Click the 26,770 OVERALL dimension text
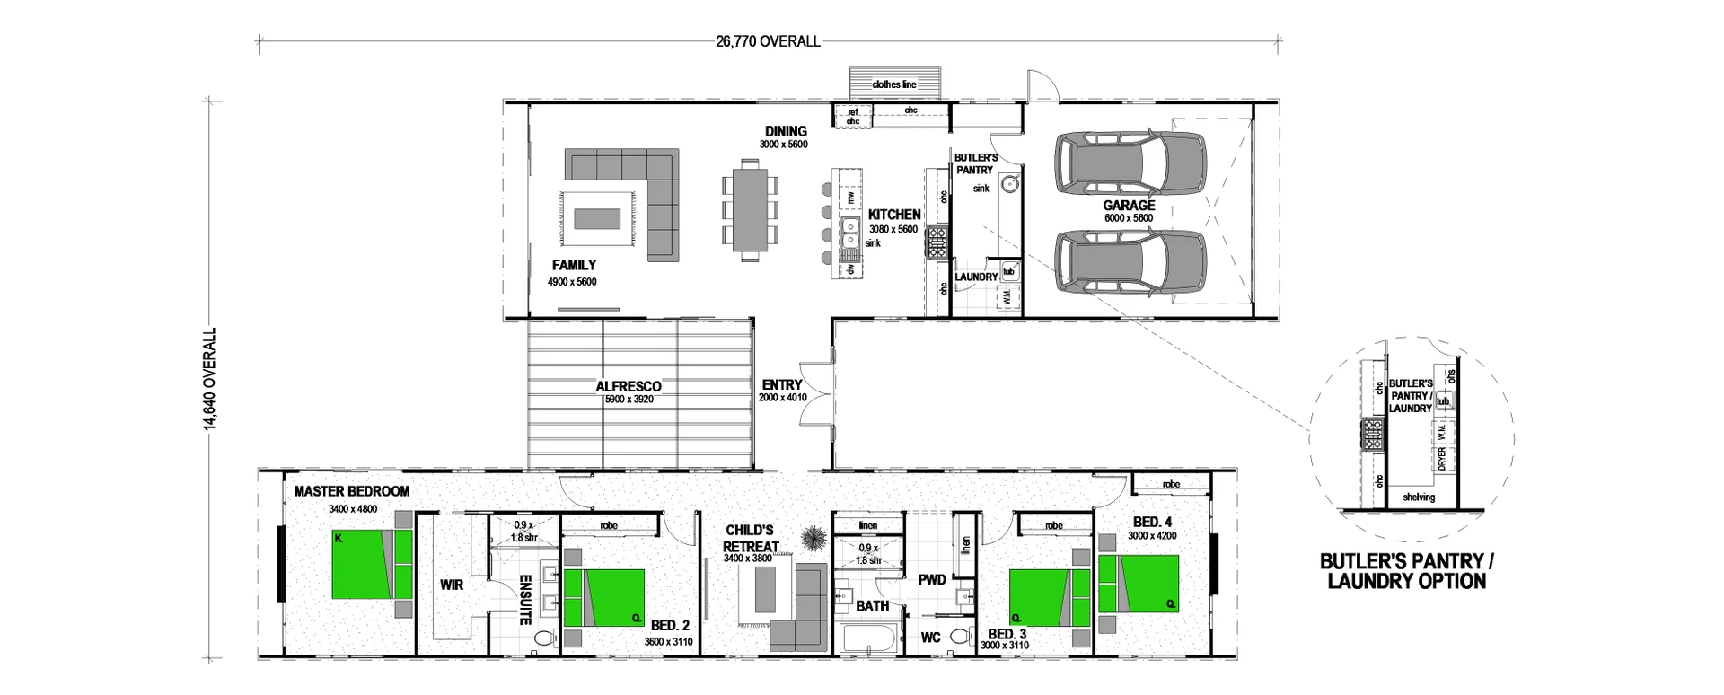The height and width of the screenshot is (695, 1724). (x=768, y=41)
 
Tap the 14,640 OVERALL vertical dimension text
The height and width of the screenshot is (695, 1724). (x=211, y=378)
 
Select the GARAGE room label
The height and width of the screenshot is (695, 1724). (x=1129, y=206)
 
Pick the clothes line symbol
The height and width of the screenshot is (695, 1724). (x=894, y=84)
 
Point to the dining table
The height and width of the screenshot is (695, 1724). (x=750, y=207)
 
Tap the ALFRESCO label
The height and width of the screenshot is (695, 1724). (x=628, y=387)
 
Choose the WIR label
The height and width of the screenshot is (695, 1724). (x=452, y=585)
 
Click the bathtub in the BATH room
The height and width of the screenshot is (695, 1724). (x=868, y=640)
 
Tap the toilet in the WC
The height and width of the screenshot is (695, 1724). (x=961, y=638)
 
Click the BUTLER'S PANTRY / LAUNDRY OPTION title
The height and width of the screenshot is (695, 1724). (x=1406, y=571)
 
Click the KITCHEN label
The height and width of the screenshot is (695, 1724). (x=893, y=215)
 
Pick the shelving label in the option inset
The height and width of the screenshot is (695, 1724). (x=1419, y=497)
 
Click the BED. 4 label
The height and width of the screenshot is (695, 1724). (x=1152, y=522)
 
